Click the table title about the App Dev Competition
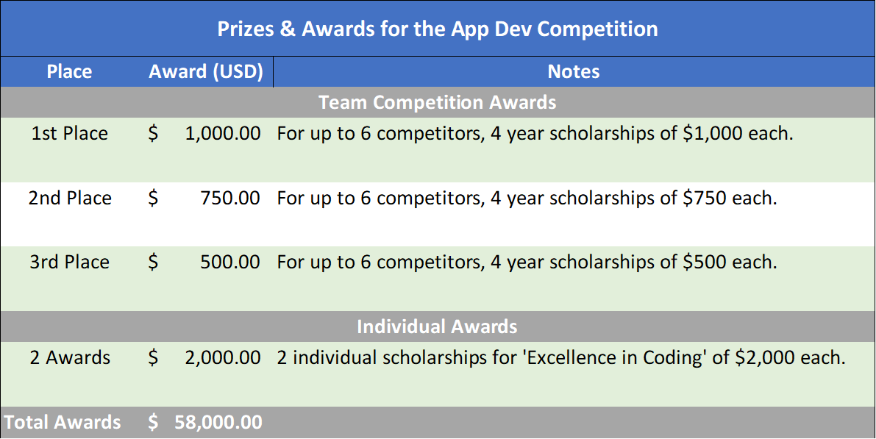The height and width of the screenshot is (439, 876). pos(438,29)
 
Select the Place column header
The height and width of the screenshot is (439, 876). pos(69,72)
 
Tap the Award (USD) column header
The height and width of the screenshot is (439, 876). pos(206,72)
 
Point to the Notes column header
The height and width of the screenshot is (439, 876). pos(574,72)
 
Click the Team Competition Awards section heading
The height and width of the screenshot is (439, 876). pos(438,101)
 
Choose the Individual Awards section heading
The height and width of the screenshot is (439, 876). pos(438,326)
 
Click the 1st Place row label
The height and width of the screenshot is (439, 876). pos(70,134)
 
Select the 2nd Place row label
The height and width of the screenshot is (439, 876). pos(70,199)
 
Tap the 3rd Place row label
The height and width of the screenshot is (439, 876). pos(70,263)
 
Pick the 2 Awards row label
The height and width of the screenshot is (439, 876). pos(70,358)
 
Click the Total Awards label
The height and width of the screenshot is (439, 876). pos(63,422)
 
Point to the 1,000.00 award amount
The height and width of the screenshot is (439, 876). pos(223,134)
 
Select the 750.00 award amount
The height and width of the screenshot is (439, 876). pos(230,199)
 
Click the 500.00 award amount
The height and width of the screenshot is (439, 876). pos(230,263)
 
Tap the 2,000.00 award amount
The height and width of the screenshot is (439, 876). pos(223,358)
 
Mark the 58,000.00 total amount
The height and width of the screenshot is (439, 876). pos(218,422)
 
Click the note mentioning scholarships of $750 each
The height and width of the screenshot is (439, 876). pos(527,199)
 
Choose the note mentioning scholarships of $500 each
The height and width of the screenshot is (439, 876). pos(527,263)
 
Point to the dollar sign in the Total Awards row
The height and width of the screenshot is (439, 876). pos(153,422)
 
